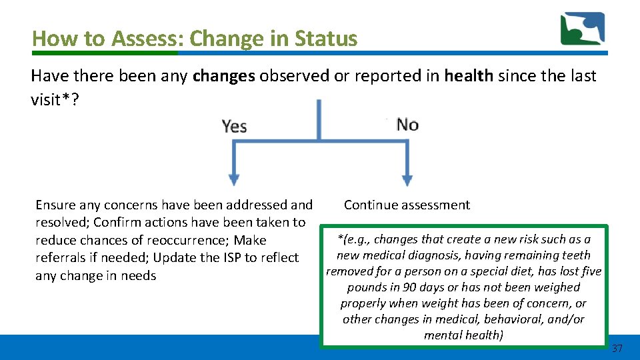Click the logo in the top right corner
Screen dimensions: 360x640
coord(583,29)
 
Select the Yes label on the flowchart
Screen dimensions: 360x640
coord(235,125)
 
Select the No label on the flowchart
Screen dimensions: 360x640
coord(407,125)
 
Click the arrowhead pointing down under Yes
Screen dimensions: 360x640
coord(234,179)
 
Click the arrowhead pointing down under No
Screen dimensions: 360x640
coord(407,179)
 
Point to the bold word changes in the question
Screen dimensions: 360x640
coord(223,76)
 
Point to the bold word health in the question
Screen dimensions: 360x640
coord(469,76)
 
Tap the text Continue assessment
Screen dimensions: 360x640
coord(407,205)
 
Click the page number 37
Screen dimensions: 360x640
coord(617,349)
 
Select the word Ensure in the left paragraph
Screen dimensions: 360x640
coord(56,205)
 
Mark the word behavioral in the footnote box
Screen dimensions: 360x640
coord(517,319)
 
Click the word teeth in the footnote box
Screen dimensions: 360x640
coord(576,255)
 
